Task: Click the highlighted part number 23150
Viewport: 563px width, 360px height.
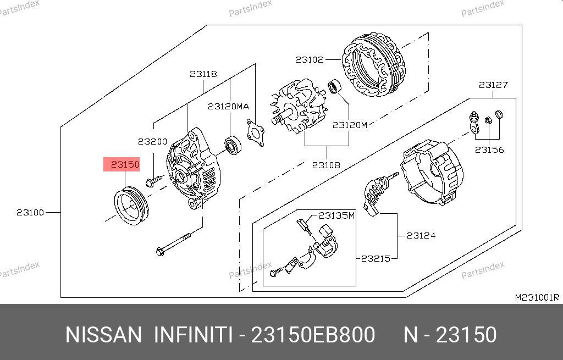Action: (125, 164)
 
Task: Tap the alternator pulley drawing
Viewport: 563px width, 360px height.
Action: (131, 206)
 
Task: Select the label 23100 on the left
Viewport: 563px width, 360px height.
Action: (30, 213)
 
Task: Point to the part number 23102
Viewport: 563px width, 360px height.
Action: (310, 59)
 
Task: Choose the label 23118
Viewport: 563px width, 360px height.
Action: (203, 74)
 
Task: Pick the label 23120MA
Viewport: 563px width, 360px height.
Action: (228, 107)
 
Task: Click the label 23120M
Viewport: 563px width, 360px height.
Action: (350, 125)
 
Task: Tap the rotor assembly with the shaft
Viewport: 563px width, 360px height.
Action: (299, 106)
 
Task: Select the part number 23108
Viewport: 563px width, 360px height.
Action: (326, 165)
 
